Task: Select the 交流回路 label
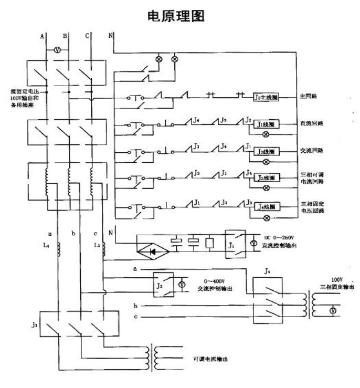(312, 151)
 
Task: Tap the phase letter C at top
(87, 36)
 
